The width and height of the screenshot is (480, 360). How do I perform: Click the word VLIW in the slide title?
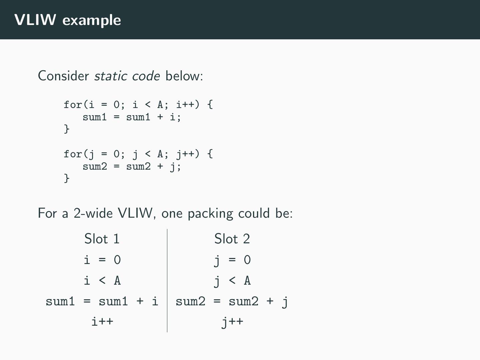click(35, 20)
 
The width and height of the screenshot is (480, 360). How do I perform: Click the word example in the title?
click(92, 21)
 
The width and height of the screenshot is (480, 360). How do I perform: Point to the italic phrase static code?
click(127, 76)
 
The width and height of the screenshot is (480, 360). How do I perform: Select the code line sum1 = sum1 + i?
click(132, 117)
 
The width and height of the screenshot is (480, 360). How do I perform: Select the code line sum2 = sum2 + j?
click(132, 166)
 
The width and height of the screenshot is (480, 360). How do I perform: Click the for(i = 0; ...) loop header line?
click(138, 105)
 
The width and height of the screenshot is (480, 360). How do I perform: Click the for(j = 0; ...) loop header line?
click(138, 154)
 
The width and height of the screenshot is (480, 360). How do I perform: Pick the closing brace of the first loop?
click(67, 129)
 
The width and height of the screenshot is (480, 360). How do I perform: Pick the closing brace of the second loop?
click(67, 178)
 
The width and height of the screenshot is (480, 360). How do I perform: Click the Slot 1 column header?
click(102, 239)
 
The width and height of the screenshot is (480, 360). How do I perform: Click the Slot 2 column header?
click(232, 239)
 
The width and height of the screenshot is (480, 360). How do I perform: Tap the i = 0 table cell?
click(102, 260)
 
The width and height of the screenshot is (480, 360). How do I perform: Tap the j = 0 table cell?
click(232, 260)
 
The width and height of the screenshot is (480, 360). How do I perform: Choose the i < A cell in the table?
click(102, 281)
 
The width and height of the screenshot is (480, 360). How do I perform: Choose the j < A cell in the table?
click(232, 281)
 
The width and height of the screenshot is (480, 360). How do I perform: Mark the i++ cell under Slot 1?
click(102, 322)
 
